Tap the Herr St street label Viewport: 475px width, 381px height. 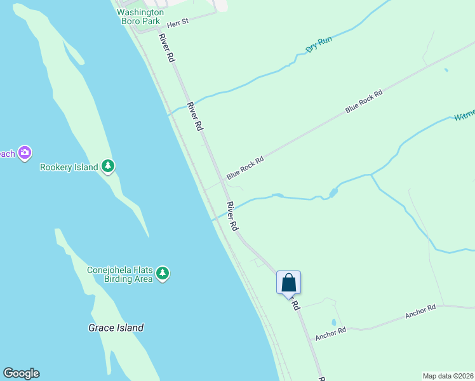click(178, 23)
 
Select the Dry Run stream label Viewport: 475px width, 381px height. click(319, 44)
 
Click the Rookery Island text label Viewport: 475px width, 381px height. click(69, 168)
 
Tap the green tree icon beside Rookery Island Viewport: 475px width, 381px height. click(109, 166)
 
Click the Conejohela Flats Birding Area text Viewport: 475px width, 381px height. click(120, 274)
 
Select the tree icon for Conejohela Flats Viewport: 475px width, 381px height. click(163, 273)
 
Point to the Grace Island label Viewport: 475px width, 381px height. click(116, 328)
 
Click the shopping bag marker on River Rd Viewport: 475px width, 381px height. click(288, 283)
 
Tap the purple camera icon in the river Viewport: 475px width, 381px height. click(25, 152)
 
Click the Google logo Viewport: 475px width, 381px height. click(21, 373)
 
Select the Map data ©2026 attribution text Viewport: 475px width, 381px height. click(448, 376)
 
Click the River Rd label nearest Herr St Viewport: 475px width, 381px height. click(166, 48)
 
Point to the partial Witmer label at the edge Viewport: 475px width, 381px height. click(464, 116)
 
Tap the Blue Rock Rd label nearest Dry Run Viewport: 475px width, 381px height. click(365, 102)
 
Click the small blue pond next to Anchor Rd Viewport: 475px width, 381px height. click(333, 322)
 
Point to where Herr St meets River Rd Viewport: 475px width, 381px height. click(158, 29)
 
